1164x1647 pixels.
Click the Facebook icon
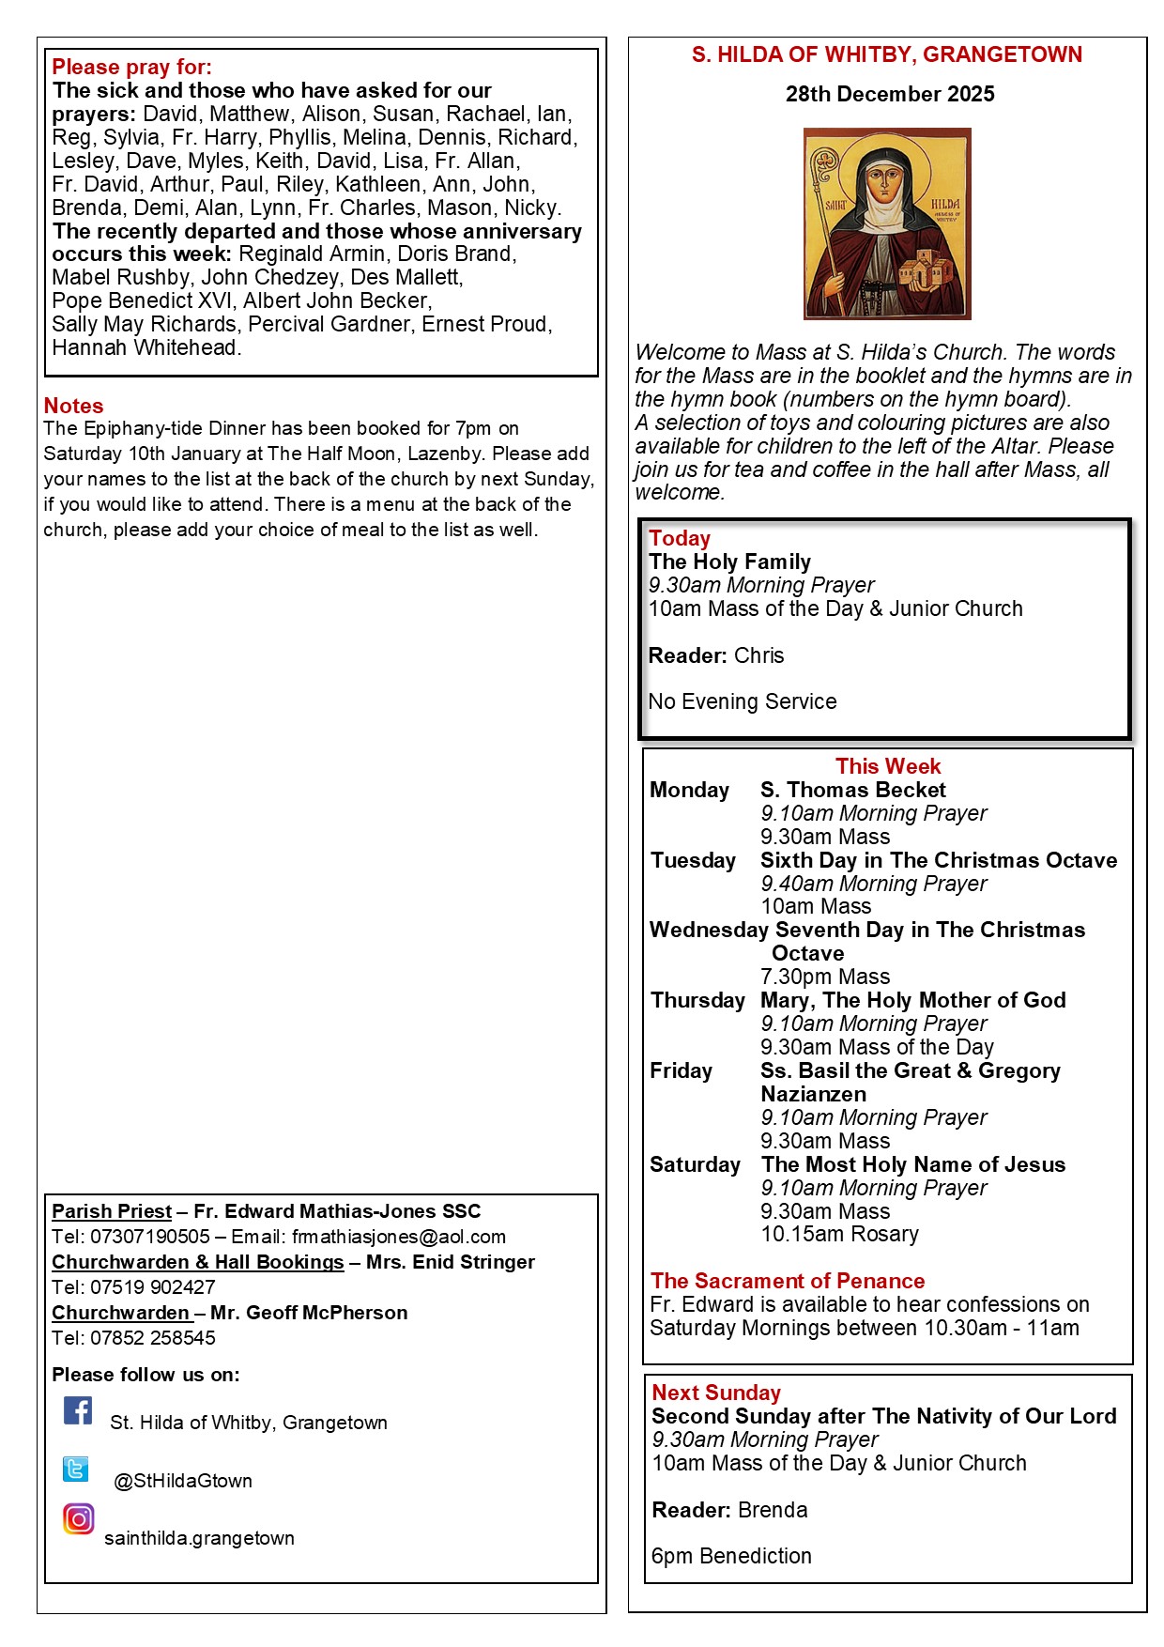(78, 1410)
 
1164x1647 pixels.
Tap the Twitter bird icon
(76, 1469)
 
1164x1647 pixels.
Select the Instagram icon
(79, 1518)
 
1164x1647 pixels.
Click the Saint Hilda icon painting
(887, 223)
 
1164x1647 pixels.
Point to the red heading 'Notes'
(73, 406)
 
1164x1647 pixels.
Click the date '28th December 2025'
(890, 94)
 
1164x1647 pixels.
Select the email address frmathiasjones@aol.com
(398, 1237)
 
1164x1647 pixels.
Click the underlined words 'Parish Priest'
(112, 1211)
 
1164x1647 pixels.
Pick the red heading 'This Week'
(888, 766)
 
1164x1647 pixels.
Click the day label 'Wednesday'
(709, 930)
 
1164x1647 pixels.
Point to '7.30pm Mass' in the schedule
(825, 977)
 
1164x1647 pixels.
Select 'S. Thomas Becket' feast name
(853, 790)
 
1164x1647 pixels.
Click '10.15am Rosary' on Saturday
(839, 1234)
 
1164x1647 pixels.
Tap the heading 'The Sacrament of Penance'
(788, 1281)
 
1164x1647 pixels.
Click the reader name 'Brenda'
(773, 1510)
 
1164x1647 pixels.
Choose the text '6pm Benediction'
(731, 1556)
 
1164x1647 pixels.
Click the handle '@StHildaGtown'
(183, 1481)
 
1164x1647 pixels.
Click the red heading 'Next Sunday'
(716, 1393)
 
